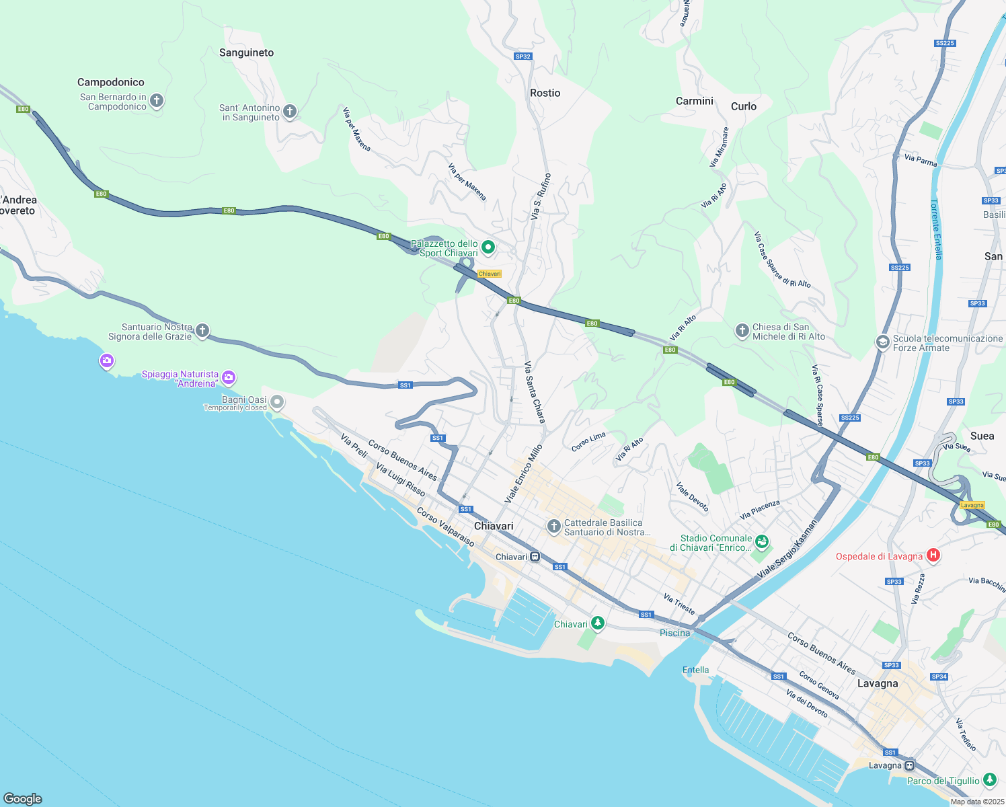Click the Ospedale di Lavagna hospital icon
[x=933, y=555]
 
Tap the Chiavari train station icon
[x=535, y=557]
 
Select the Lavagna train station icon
[x=909, y=765]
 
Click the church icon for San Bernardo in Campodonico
[x=157, y=102]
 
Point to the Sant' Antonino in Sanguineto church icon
[x=290, y=112]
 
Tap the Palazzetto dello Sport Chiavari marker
[x=488, y=247]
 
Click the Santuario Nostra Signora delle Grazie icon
[x=202, y=331]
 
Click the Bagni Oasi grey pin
[x=276, y=403]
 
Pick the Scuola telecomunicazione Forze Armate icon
[x=882, y=342]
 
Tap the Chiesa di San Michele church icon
[x=742, y=331]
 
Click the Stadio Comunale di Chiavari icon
[x=762, y=541]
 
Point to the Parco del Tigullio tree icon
[x=989, y=780]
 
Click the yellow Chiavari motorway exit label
[x=490, y=274]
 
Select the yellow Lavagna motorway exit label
[x=972, y=505]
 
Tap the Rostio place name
[x=545, y=93]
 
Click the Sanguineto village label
[x=246, y=52]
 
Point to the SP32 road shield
[x=523, y=56]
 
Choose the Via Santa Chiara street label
[x=535, y=393]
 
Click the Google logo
[x=23, y=798]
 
